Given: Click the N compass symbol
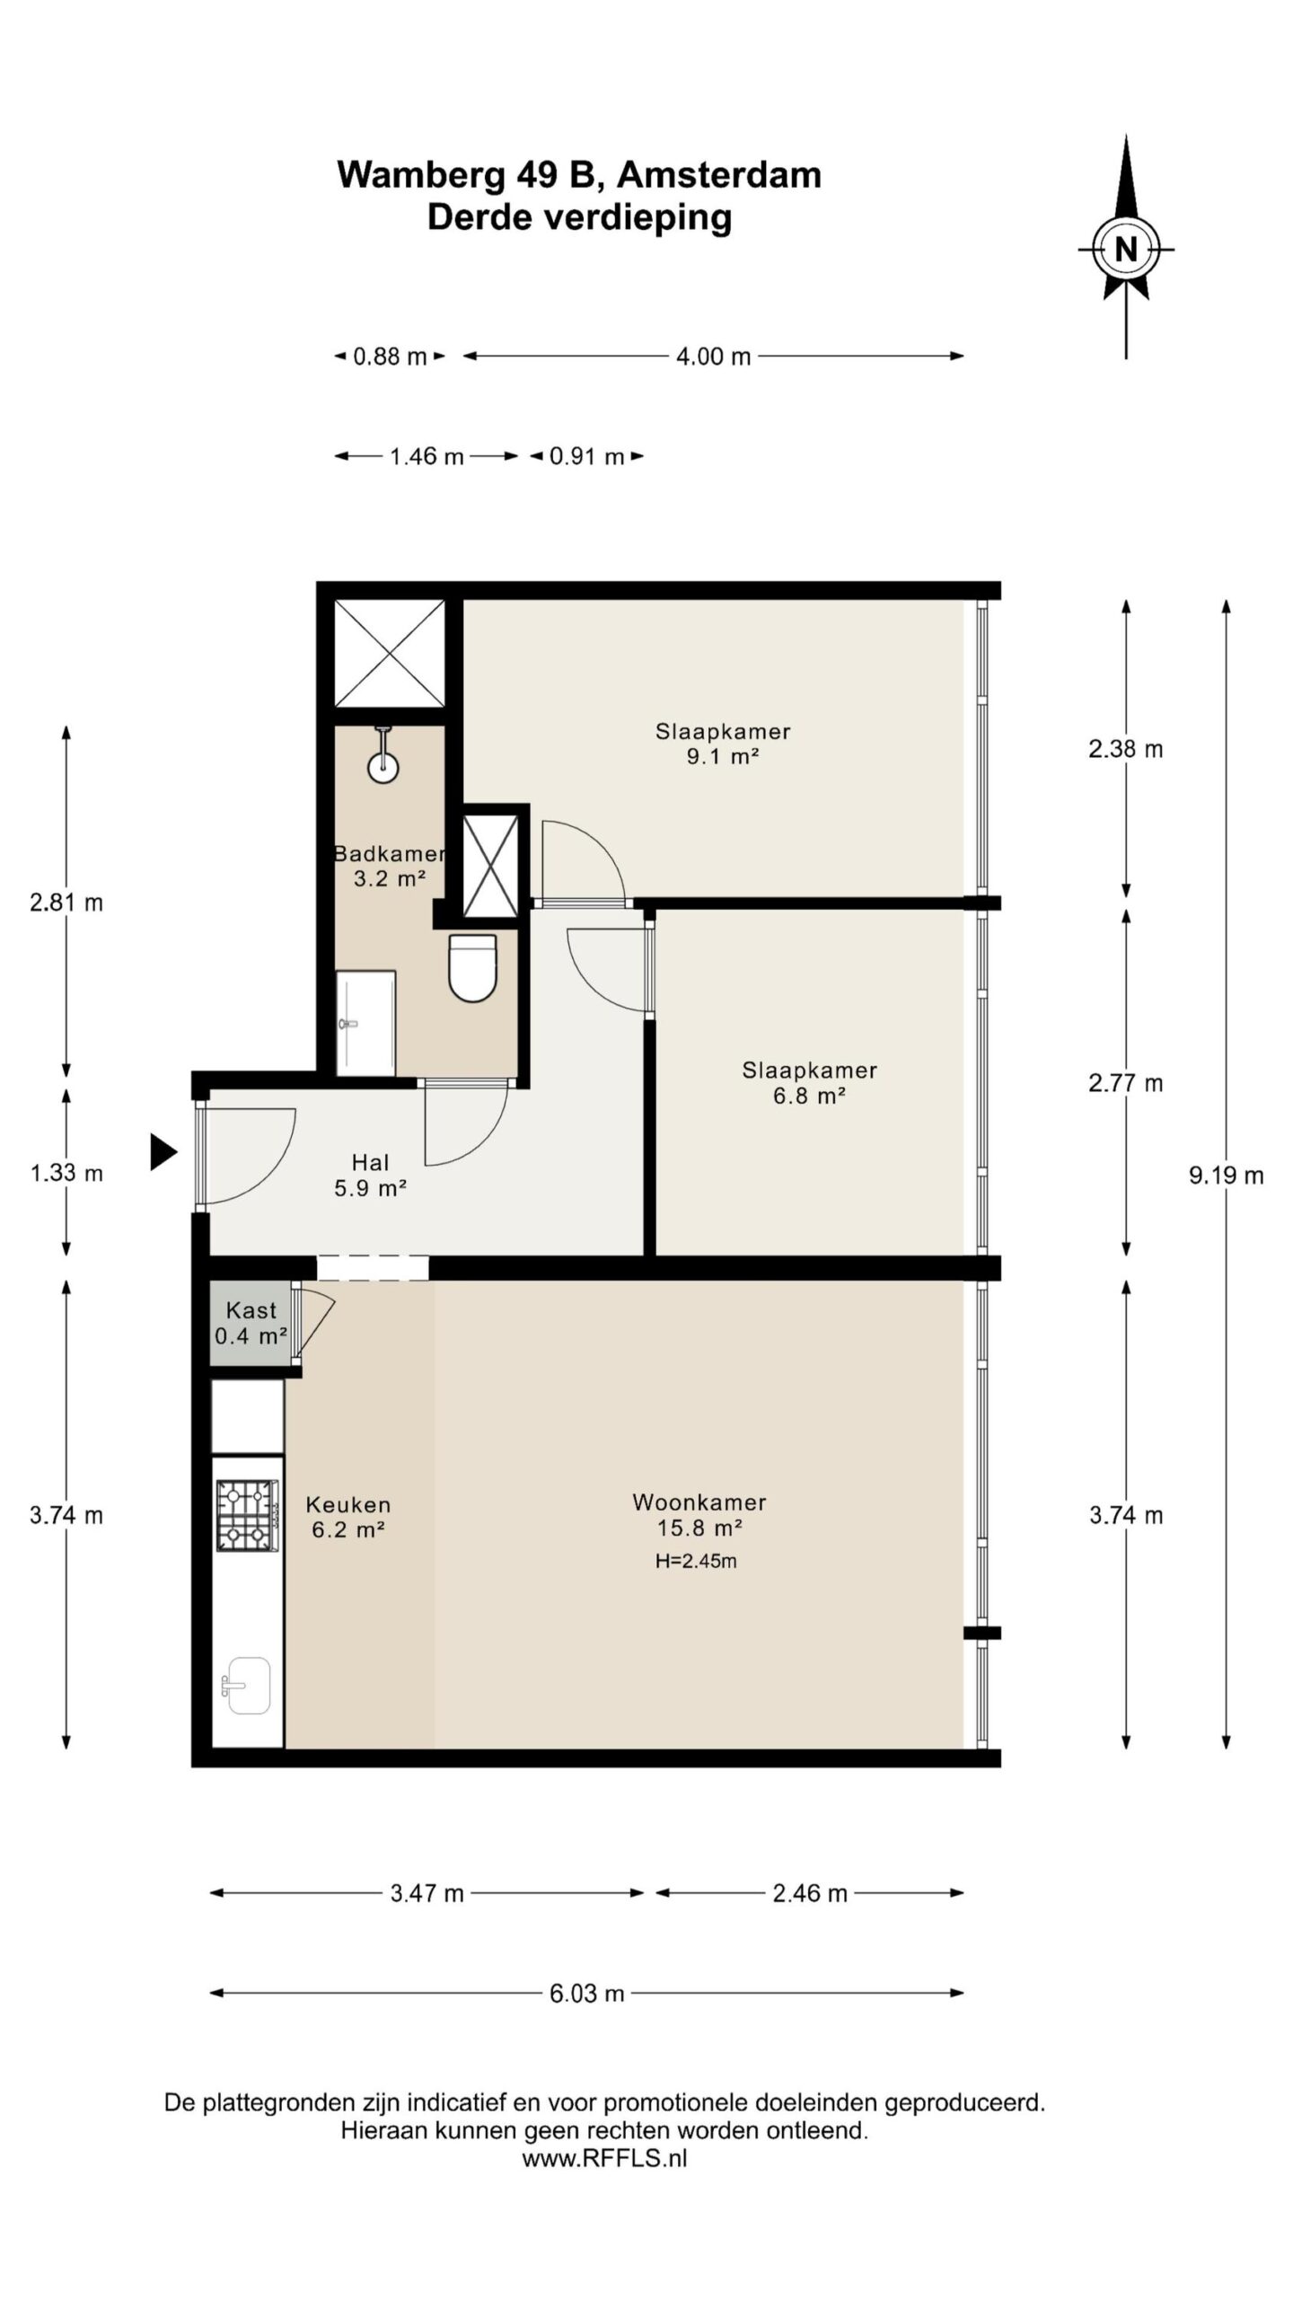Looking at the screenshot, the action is point(1126,248).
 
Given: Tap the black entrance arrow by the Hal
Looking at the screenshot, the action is point(163,1152).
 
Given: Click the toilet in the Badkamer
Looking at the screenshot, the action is point(472,967).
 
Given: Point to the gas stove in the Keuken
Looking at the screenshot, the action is point(245,1516).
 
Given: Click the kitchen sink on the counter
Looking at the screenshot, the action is point(245,1686).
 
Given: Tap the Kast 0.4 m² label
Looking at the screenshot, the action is point(251,1323).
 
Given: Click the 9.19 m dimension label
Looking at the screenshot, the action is point(1227,1175).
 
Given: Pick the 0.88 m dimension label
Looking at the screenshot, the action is point(390,357).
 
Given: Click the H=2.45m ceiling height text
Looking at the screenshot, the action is point(696,1561).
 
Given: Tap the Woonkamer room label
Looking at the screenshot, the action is point(699,1502).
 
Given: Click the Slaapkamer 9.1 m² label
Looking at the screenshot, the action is point(723,744).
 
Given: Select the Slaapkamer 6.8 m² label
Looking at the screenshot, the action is point(810,1082).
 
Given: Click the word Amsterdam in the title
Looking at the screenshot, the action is point(719,174).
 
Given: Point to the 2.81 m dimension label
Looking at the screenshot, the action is point(66,903).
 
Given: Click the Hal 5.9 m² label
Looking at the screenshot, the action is point(371,1176).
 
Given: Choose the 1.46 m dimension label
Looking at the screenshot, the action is point(427,457).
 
